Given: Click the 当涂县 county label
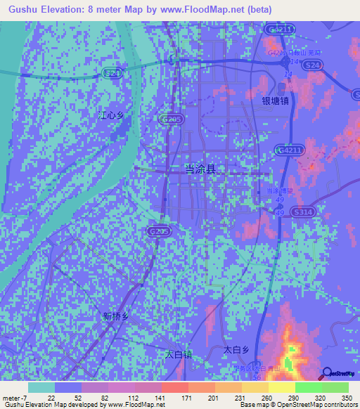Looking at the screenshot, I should click(200, 169).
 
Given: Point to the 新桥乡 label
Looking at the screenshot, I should click(116, 316).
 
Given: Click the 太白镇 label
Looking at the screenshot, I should click(178, 355).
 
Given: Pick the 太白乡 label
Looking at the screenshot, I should click(237, 349).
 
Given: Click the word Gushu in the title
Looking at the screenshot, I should click(21, 9).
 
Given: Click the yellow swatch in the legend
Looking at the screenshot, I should click(281, 387).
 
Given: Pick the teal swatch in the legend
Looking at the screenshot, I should click(41, 387).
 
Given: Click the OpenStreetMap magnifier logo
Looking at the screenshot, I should click(328, 373).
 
